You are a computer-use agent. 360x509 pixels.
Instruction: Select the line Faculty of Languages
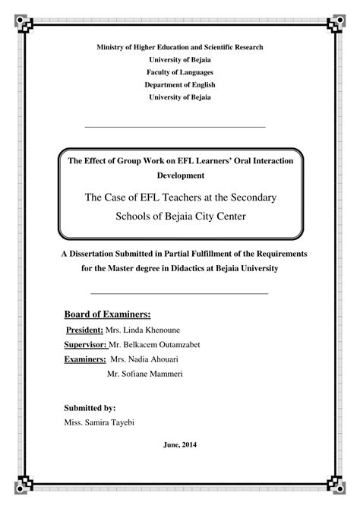(x=179, y=72)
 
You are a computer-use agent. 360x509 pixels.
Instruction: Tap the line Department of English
(x=179, y=85)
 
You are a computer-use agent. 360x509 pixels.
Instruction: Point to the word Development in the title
(x=179, y=175)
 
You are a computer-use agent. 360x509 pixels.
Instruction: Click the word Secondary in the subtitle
(x=251, y=197)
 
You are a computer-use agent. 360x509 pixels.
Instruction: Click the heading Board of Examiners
(x=107, y=314)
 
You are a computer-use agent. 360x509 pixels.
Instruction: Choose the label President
(x=86, y=331)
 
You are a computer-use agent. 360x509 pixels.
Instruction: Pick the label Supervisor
(x=86, y=346)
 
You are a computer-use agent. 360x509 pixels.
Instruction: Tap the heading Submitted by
(x=90, y=407)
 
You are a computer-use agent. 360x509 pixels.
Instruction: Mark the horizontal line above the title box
(x=175, y=126)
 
